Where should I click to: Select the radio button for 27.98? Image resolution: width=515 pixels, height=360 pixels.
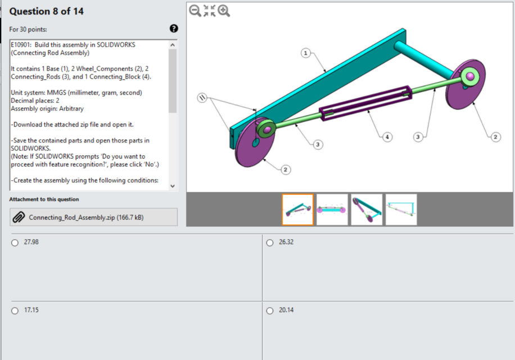point(15,242)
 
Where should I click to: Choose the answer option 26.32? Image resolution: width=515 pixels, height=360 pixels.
point(269,242)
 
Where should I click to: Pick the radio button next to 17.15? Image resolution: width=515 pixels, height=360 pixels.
point(15,310)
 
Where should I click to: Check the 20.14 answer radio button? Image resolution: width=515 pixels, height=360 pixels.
point(269,310)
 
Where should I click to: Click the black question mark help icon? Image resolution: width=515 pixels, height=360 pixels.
point(173,29)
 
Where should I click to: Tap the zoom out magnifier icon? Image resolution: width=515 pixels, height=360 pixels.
point(195,11)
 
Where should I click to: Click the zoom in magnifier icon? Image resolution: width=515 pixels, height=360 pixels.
point(224,11)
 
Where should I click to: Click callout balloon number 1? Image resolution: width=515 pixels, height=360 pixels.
point(305,53)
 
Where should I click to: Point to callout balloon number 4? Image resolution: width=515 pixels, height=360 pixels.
point(386,137)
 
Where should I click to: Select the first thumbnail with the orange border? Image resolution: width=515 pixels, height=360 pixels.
point(297,209)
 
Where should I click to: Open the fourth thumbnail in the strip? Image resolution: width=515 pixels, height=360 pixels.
point(401,209)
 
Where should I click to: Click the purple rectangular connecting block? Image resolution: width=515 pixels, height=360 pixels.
point(365,102)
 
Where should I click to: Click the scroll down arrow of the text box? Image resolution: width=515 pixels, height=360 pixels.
point(173,186)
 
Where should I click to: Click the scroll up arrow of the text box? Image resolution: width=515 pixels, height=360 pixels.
point(173,44)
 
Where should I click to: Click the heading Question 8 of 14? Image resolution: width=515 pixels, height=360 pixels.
point(47,11)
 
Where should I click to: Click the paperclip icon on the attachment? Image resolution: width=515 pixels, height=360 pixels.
point(19,217)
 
